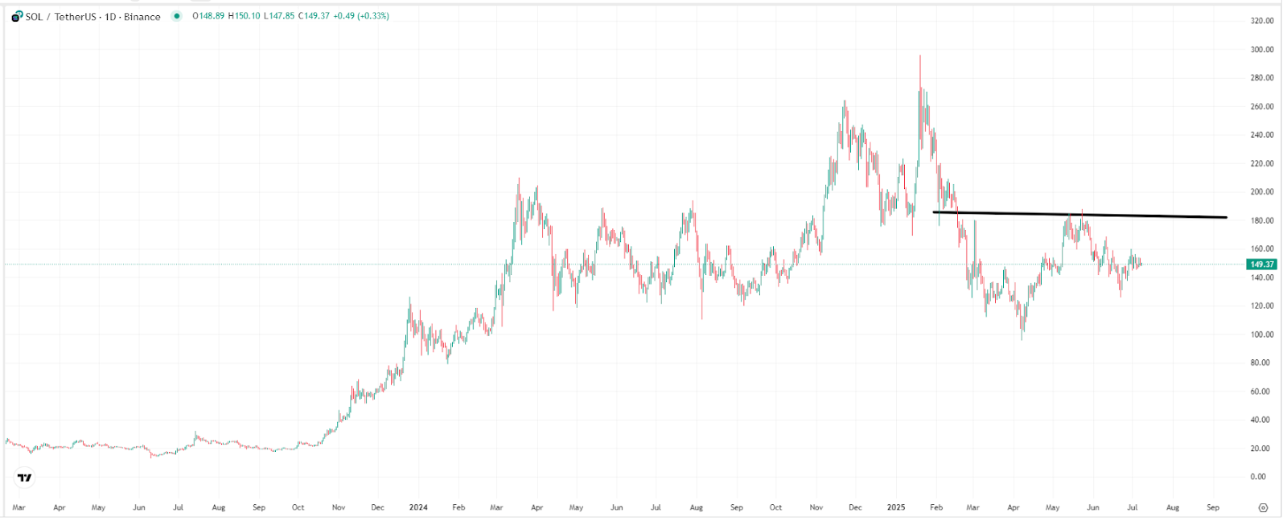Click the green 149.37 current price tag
[1261, 265]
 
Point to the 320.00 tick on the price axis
[1262, 21]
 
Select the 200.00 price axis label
[1262, 192]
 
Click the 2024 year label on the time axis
[418, 508]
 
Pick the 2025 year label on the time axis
[896, 508]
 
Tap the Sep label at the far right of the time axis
[1213, 508]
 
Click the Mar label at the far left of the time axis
[19, 508]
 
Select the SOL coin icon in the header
[17, 16]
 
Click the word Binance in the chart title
[142, 17]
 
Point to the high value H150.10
[245, 16]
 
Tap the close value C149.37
[314, 16]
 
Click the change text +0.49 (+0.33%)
[362, 16]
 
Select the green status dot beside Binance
[177, 16]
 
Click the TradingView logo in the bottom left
[25, 478]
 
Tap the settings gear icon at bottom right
[1263, 508]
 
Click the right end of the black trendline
[1227, 217]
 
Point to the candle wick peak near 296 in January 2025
[920, 55]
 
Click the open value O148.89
[208, 16]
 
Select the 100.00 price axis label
[1262, 334]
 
